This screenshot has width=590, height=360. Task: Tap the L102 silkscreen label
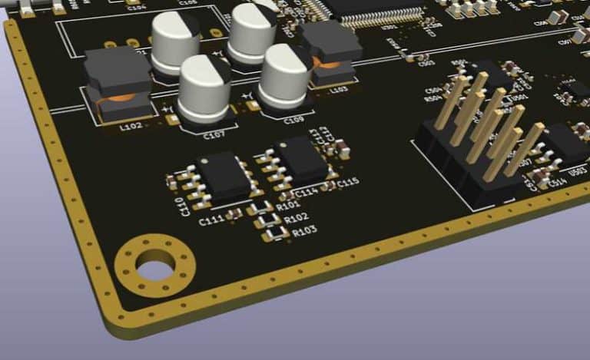click(x=131, y=127)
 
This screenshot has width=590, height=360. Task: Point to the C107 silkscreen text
click(x=213, y=135)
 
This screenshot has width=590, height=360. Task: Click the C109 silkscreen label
click(x=293, y=121)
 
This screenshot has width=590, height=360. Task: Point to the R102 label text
click(x=296, y=218)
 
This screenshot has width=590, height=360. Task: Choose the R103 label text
click(x=304, y=230)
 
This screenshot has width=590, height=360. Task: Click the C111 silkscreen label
click(x=211, y=221)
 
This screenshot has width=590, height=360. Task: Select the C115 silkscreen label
click(x=348, y=182)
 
